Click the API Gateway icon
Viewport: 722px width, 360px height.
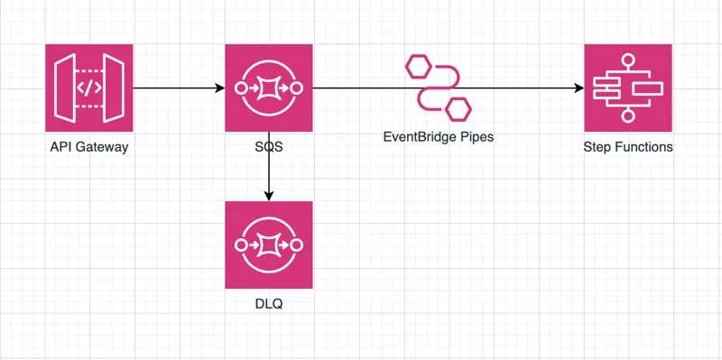88,88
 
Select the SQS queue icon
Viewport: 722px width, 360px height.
268,88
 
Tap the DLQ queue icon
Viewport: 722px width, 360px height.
268,245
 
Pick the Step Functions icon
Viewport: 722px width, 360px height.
628,88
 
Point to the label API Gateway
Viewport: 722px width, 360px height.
88,147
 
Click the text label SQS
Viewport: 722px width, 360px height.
268,147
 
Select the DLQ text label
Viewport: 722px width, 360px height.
268,304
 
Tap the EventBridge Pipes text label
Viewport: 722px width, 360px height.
438,138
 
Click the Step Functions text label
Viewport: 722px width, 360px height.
628,147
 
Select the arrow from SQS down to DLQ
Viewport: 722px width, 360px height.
268,167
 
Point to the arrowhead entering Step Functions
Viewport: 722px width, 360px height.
579,88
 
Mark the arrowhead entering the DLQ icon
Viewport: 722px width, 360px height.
268,195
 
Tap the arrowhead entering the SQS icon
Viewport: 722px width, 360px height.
218,88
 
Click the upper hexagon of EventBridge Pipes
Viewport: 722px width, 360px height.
418,67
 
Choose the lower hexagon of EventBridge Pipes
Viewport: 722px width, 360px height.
458,108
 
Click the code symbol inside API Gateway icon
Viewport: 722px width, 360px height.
88,88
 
